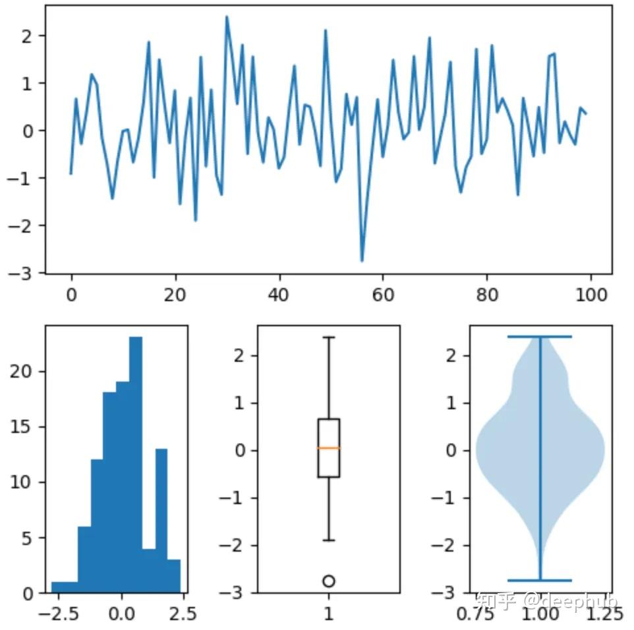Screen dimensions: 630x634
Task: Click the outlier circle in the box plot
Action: point(328,581)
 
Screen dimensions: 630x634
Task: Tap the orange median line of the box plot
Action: point(328,448)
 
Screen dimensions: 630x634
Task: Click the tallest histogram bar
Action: point(136,461)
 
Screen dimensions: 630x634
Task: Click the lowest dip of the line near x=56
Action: point(362,261)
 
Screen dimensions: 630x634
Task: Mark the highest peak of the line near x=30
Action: point(227,17)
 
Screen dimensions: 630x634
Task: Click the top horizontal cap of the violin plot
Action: point(540,337)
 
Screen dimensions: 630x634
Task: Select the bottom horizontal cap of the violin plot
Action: point(540,580)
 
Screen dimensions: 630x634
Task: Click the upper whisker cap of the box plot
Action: point(328,337)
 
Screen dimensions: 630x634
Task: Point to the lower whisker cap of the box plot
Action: point(328,540)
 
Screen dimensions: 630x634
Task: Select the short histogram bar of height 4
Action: point(148,570)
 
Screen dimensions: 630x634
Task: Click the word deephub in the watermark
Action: point(581,600)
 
